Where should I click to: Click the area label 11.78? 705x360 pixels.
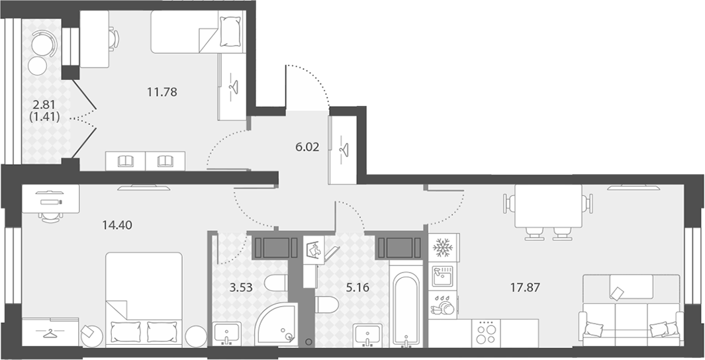pyautogui.click(x=162, y=92)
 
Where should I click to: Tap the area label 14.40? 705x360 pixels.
pyautogui.click(x=117, y=225)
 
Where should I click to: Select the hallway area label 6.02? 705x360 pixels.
pyautogui.click(x=308, y=147)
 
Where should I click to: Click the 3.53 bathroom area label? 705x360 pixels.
pyautogui.click(x=241, y=288)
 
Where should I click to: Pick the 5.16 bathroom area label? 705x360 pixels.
pyautogui.click(x=358, y=288)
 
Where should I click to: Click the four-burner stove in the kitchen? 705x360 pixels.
pyautogui.click(x=486, y=333)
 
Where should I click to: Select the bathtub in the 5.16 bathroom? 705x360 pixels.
pyautogui.click(x=406, y=308)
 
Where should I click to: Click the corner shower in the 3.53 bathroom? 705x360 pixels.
pyautogui.click(x=276, y=324)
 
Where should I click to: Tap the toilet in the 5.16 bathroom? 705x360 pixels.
pyautogui.click(x=326, y=304)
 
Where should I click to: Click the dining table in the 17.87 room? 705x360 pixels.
pyautogui.click(x=548, y=206)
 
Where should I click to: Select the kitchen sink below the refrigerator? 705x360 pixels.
pyautogui.click(x=443, y=276)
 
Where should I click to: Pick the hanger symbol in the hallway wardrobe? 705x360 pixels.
pyautogui.click(x=344, y=150)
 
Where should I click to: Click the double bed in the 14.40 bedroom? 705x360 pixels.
pyautogui.click(x=144, y=300)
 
